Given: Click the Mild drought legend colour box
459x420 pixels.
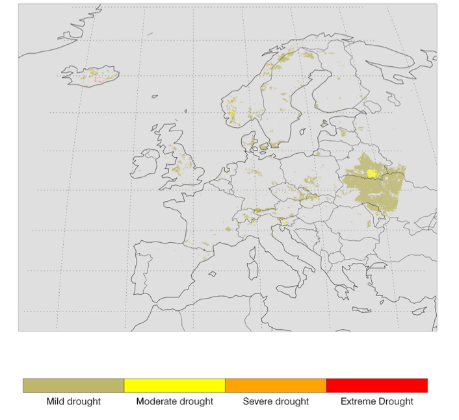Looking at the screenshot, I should [73, 385].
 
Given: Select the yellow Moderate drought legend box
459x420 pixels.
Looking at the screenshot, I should [174, 385].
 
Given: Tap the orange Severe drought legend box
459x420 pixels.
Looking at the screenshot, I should [276, 385].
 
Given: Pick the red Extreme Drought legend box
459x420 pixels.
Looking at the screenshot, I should [376, 385].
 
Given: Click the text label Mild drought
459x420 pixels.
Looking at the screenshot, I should [73, 401].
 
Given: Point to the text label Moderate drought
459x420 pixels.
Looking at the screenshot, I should [174, 401].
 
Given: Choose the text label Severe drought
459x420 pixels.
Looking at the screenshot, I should [275, 401].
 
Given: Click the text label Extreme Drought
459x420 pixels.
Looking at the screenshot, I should [376, 401].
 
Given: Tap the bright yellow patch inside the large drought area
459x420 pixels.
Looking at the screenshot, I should [371, 173].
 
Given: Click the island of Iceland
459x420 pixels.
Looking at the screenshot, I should [91, 74].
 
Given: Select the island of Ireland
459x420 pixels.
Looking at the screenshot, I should [144, 165].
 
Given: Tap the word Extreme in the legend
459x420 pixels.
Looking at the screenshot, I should [358, 401].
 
